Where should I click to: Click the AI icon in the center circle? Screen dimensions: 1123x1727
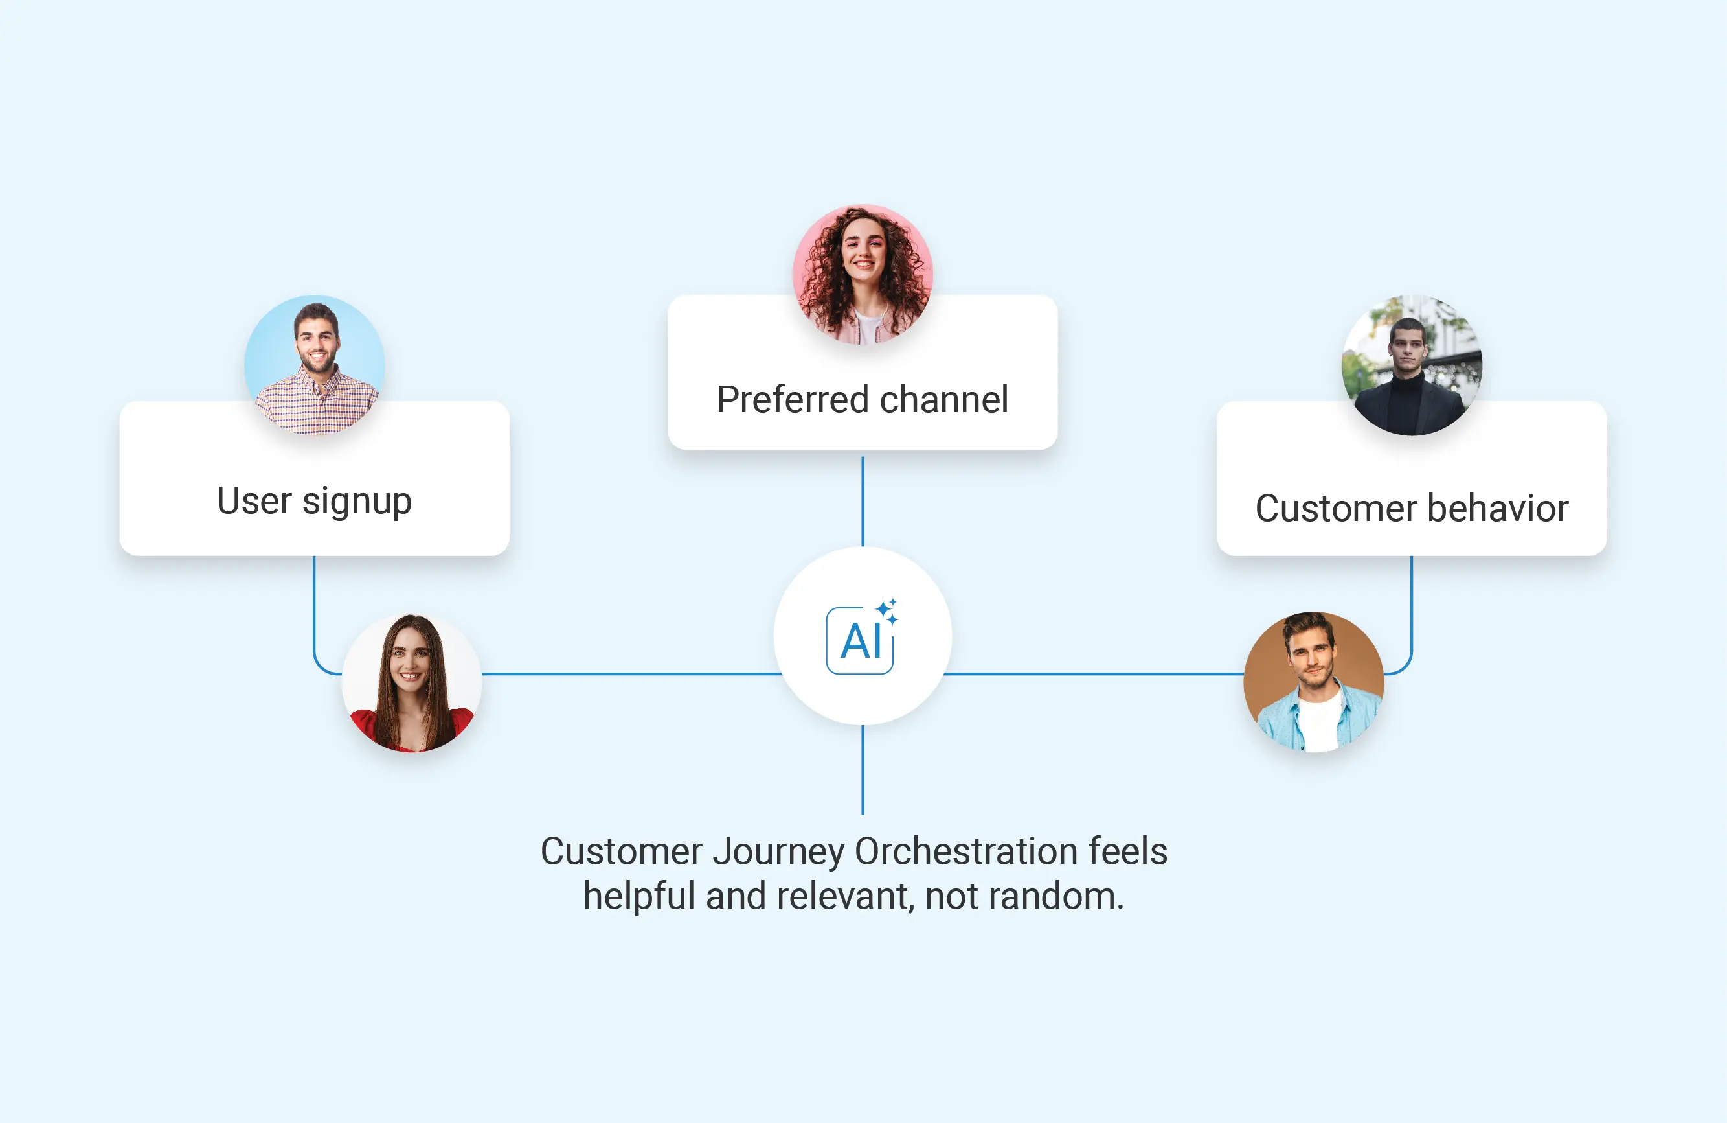tap(861, 639)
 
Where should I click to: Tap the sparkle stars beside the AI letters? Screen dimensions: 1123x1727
tap(886, 610)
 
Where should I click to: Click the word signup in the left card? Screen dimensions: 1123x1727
tap(357, 502)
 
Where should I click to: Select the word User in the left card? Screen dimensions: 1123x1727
tap(254, 501)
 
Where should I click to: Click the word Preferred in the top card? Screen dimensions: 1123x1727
tap(793, 399)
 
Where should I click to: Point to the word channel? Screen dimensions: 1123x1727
tap(944, 399)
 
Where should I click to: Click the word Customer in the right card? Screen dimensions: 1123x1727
tap(1336, 508)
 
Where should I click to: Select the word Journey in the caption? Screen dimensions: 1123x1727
tap(778, 851)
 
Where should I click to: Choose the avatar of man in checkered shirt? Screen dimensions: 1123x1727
tap(315, 364)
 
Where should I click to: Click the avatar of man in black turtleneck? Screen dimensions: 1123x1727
tap(1412, 365)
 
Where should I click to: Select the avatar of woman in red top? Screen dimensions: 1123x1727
tap(411, 682)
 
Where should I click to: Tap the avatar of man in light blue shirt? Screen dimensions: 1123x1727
tap(1313, 682)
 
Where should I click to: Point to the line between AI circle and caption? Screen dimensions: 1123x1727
tap(863, 769)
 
